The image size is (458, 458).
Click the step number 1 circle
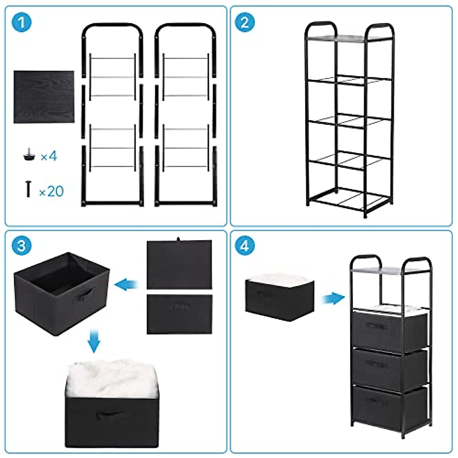pyautogui.click(x=22, y=23)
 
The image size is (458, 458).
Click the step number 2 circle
pyautogui.click(x=245, y=23)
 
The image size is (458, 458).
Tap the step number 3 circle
pyautogui.click(x=22, y=245)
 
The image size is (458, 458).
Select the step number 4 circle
pyautogui.click(x=245, y=245)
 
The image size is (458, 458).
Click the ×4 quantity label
pyautogui.click(x=48, y=156)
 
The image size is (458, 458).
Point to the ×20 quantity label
pyautogui.click(x=51, y=191)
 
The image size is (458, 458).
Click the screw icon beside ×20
pyautogui.click(x=28, y=189)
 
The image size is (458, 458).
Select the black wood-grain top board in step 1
pyautogui.click(x=44, y=97)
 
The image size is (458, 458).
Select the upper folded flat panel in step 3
pyautogui.click(x=179, y=264)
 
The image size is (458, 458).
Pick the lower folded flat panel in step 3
pyautogui.click(x=179, y=314)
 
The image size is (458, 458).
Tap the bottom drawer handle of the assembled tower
pyautogui.click(x=376, y=400)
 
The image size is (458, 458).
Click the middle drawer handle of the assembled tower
pyautogui.click(x=376, y=363)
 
